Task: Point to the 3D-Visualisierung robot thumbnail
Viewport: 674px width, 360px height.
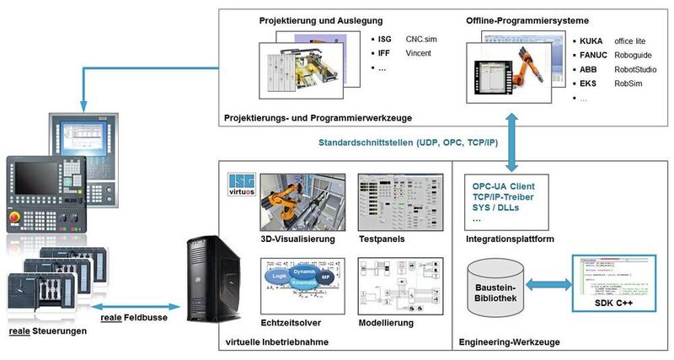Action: point(297,202)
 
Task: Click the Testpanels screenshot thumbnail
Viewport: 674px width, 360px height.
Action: point(387,202)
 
